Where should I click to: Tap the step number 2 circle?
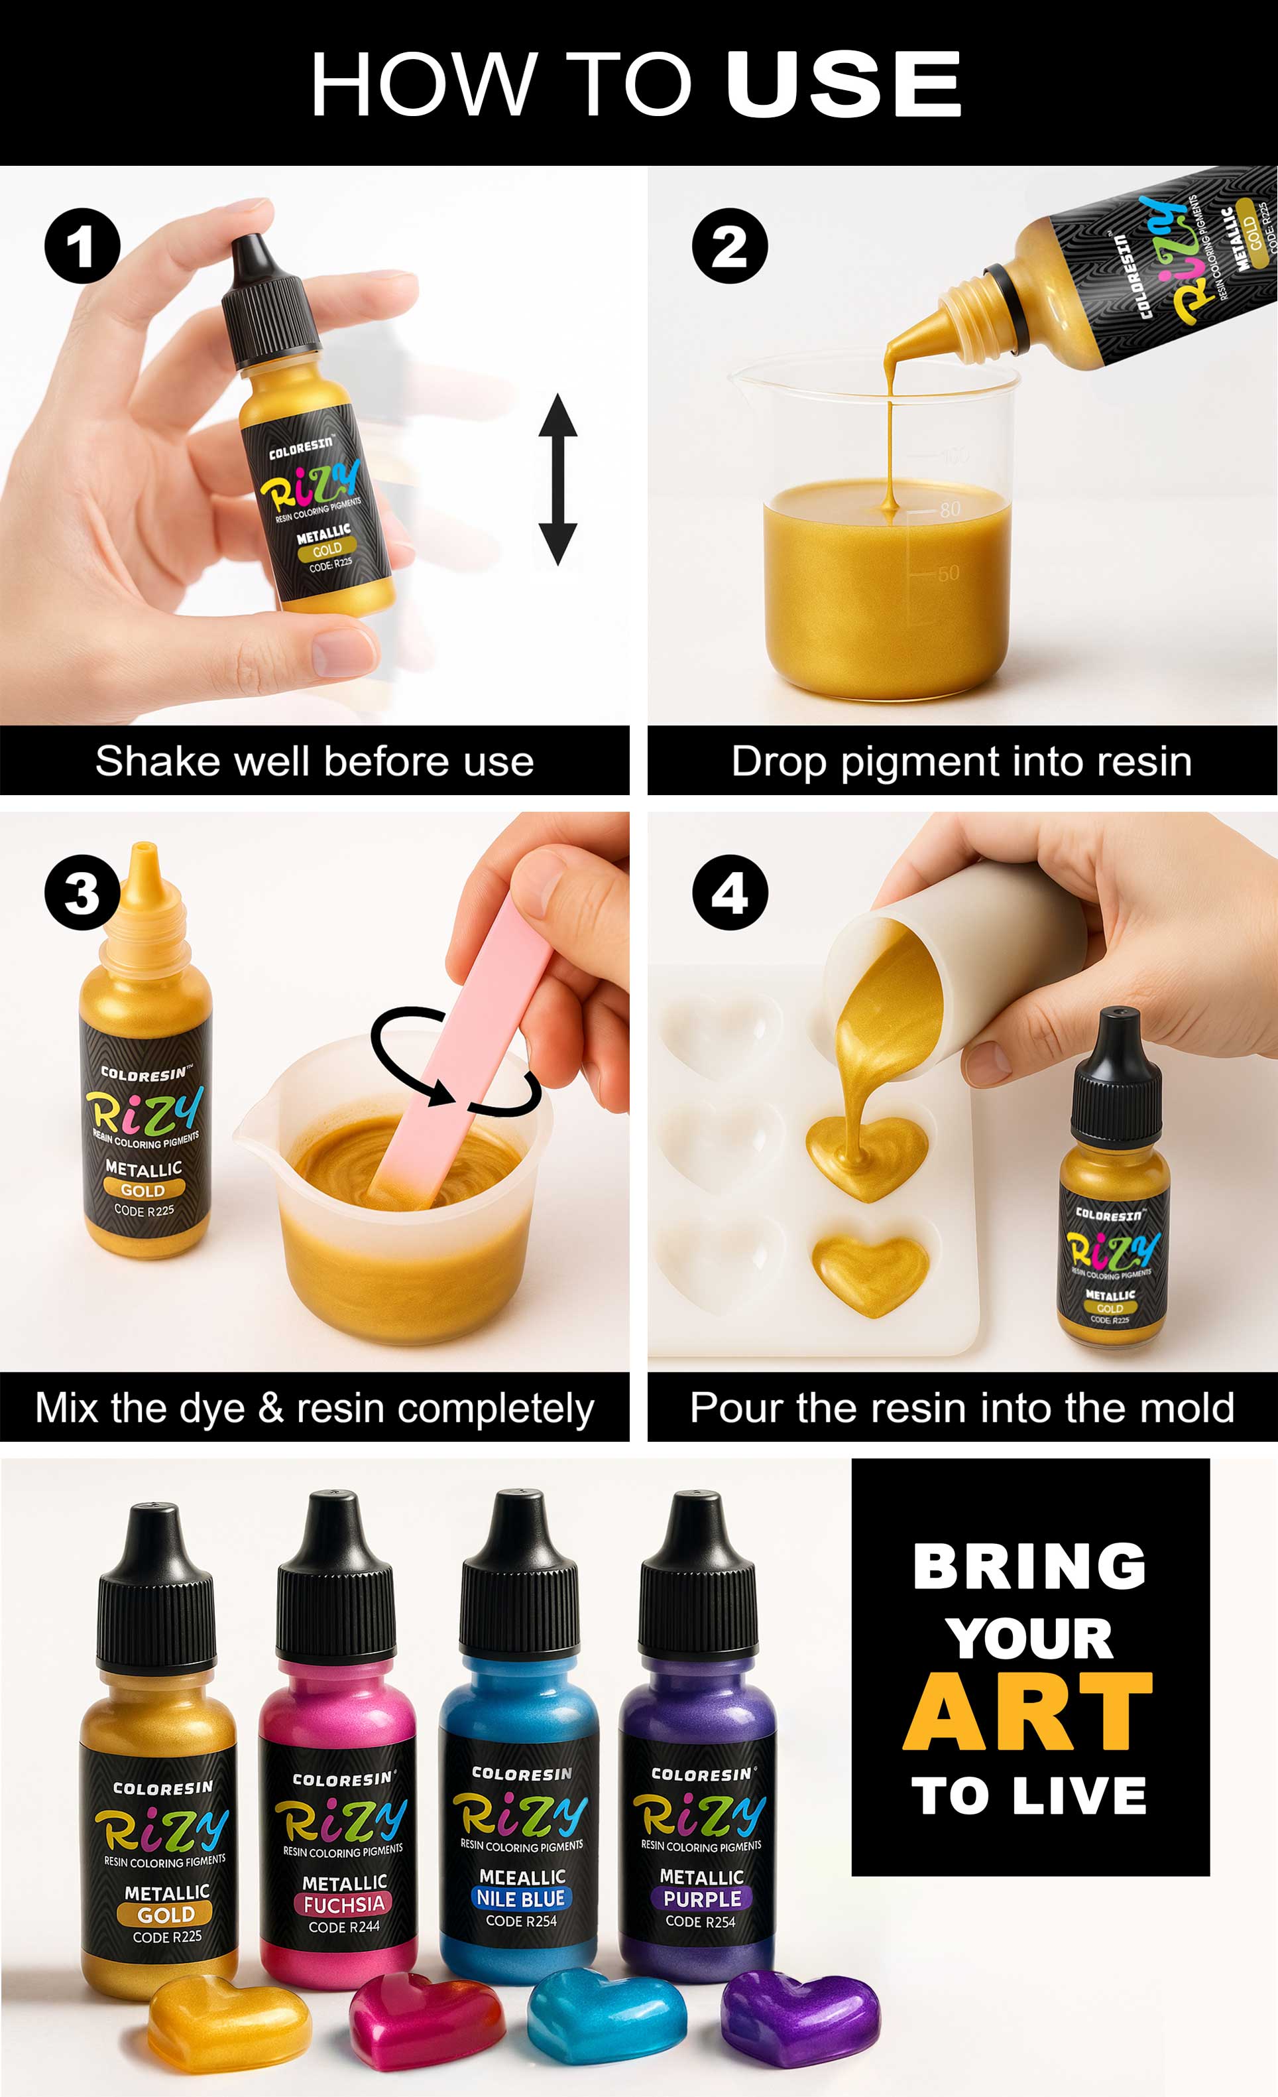(x=729, y=246)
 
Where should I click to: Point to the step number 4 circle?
(x=729, y=893)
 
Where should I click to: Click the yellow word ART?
(x=1028, y=1712)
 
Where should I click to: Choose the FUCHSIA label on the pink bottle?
(x=344, y=1904)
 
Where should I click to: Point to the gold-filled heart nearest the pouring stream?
(x=866, y=1155)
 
